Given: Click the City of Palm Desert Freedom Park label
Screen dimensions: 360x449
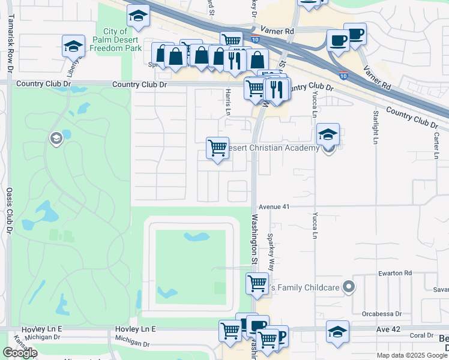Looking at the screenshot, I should [x=122, y=40].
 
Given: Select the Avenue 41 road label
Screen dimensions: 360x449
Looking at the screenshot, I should [x=275, y=206].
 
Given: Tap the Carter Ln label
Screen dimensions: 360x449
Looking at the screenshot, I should [x=436, y=146].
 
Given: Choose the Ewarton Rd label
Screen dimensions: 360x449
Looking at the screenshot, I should [x=395, y=273].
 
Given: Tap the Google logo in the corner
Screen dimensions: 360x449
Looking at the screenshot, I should [x=19, y=353].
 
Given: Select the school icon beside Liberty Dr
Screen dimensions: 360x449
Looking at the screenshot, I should [x=73, y=45].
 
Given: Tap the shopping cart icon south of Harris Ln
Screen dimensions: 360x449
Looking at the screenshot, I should [x=217, y=148].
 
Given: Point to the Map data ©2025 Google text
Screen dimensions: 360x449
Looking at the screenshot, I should [x=412, y=355].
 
